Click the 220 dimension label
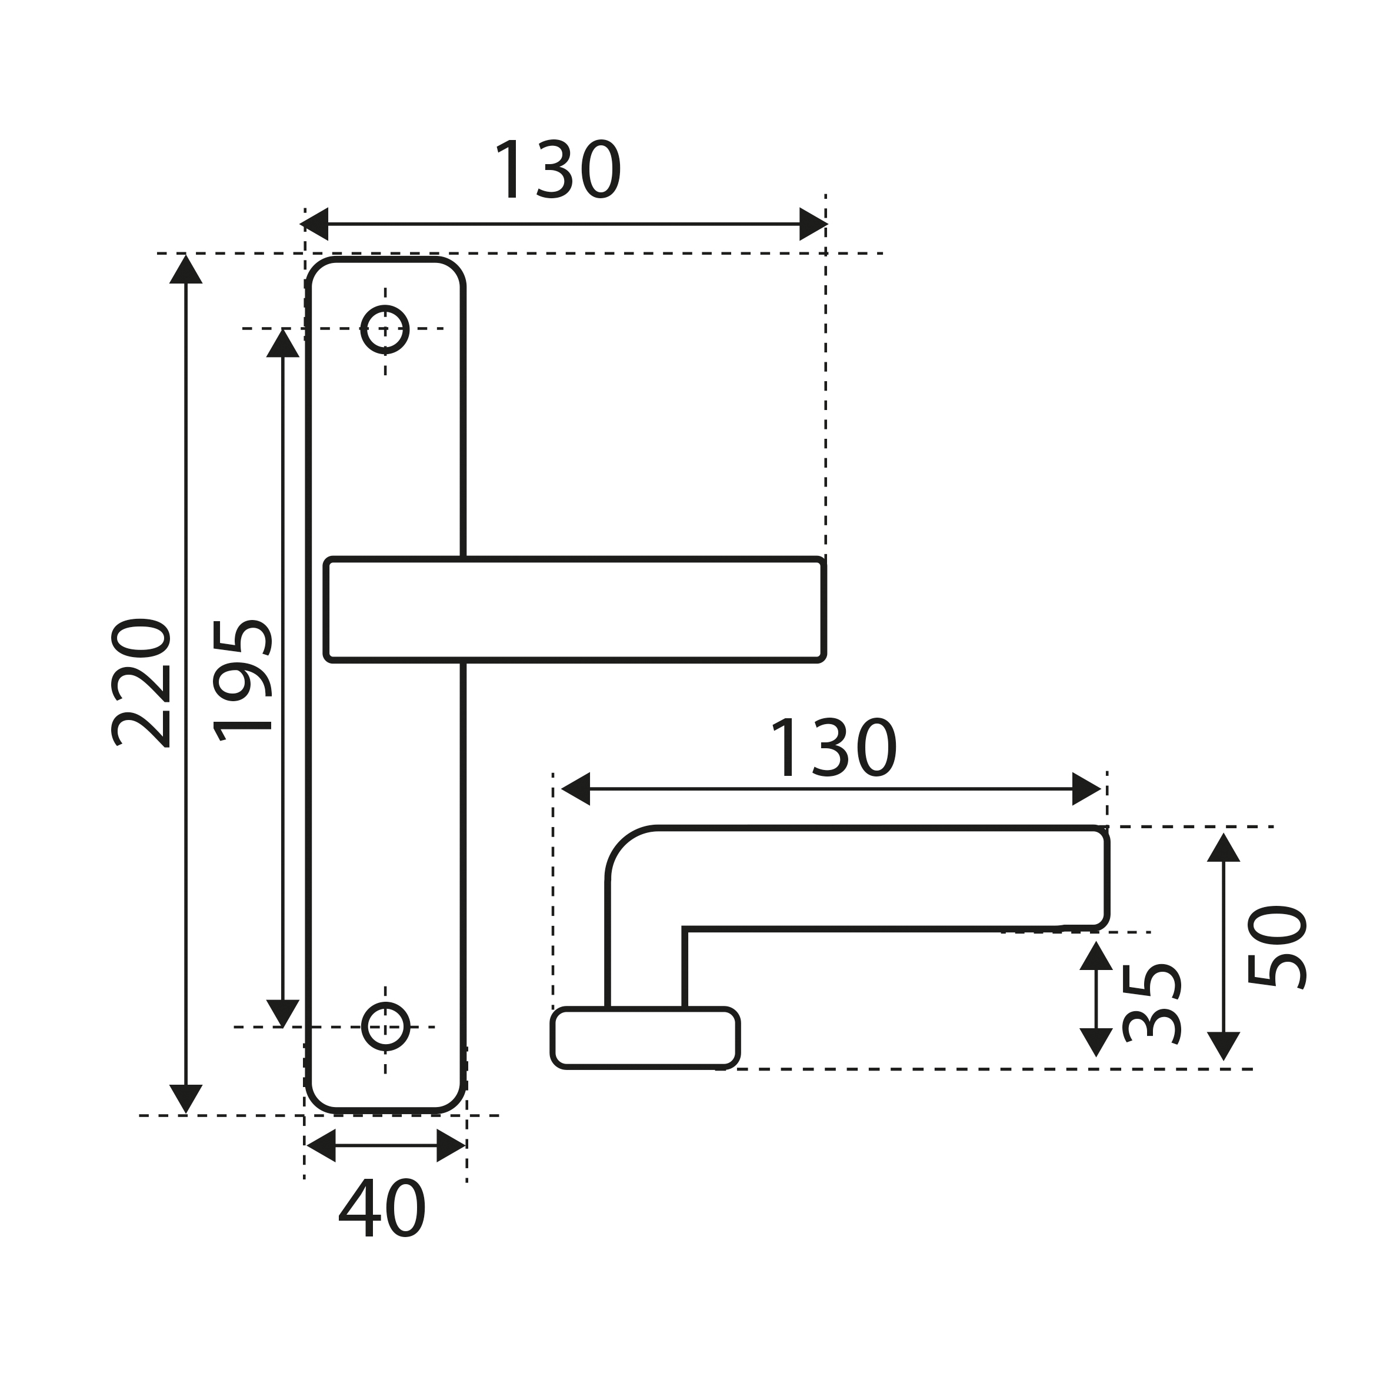[141, 683]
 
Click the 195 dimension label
[242, 680]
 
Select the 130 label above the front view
[558, 168]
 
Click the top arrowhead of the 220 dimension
[186, 269]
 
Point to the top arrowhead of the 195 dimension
[283, 343]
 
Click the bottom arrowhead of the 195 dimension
[283, 1014]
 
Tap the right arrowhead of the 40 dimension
[451, 1145]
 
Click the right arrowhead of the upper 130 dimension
[814, 224]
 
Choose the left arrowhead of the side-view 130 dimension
[575, 789]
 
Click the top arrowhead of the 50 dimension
[1224, 847]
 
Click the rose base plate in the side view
[645, 1038]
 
